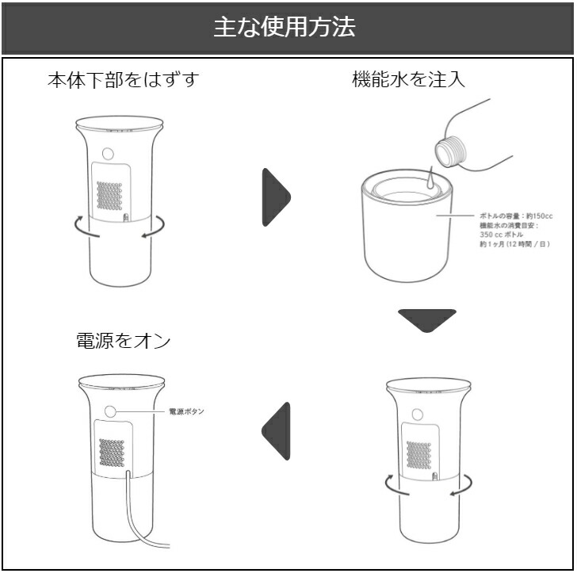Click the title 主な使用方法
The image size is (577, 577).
pyautogui.click(x=288, y=28)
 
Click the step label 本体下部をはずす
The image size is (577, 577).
pyautogui.click(x=122, y=80)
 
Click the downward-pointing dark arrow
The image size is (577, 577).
pyautogui.click(x=427, y=320)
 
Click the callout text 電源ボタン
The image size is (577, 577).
pyautogui.click(x=186, y=412)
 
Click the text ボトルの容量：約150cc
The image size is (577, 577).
pyautogui.click(x=515, y=216)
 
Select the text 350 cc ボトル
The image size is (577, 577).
pyautogui.click(x=502, y=235)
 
